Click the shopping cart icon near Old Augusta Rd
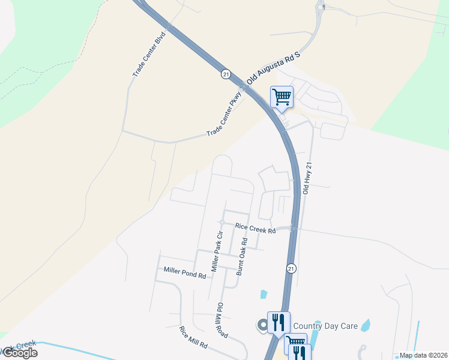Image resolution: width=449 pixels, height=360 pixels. click(282, 96)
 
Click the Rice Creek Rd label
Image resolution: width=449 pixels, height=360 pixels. click(255, 228)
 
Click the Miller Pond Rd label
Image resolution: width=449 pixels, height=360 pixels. click(185, 272)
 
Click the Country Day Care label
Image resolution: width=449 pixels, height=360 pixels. click(326, 326)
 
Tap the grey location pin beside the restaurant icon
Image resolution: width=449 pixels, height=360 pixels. click(262, 325)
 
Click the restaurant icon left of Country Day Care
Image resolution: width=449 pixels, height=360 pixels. click(278, 322)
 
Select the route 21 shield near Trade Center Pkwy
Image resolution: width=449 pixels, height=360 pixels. click(225, 74)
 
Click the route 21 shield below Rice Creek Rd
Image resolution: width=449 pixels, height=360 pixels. click(291, 268)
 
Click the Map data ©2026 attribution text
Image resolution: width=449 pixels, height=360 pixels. click(424, 355)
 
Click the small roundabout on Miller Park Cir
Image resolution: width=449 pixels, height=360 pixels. click(221, 223)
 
